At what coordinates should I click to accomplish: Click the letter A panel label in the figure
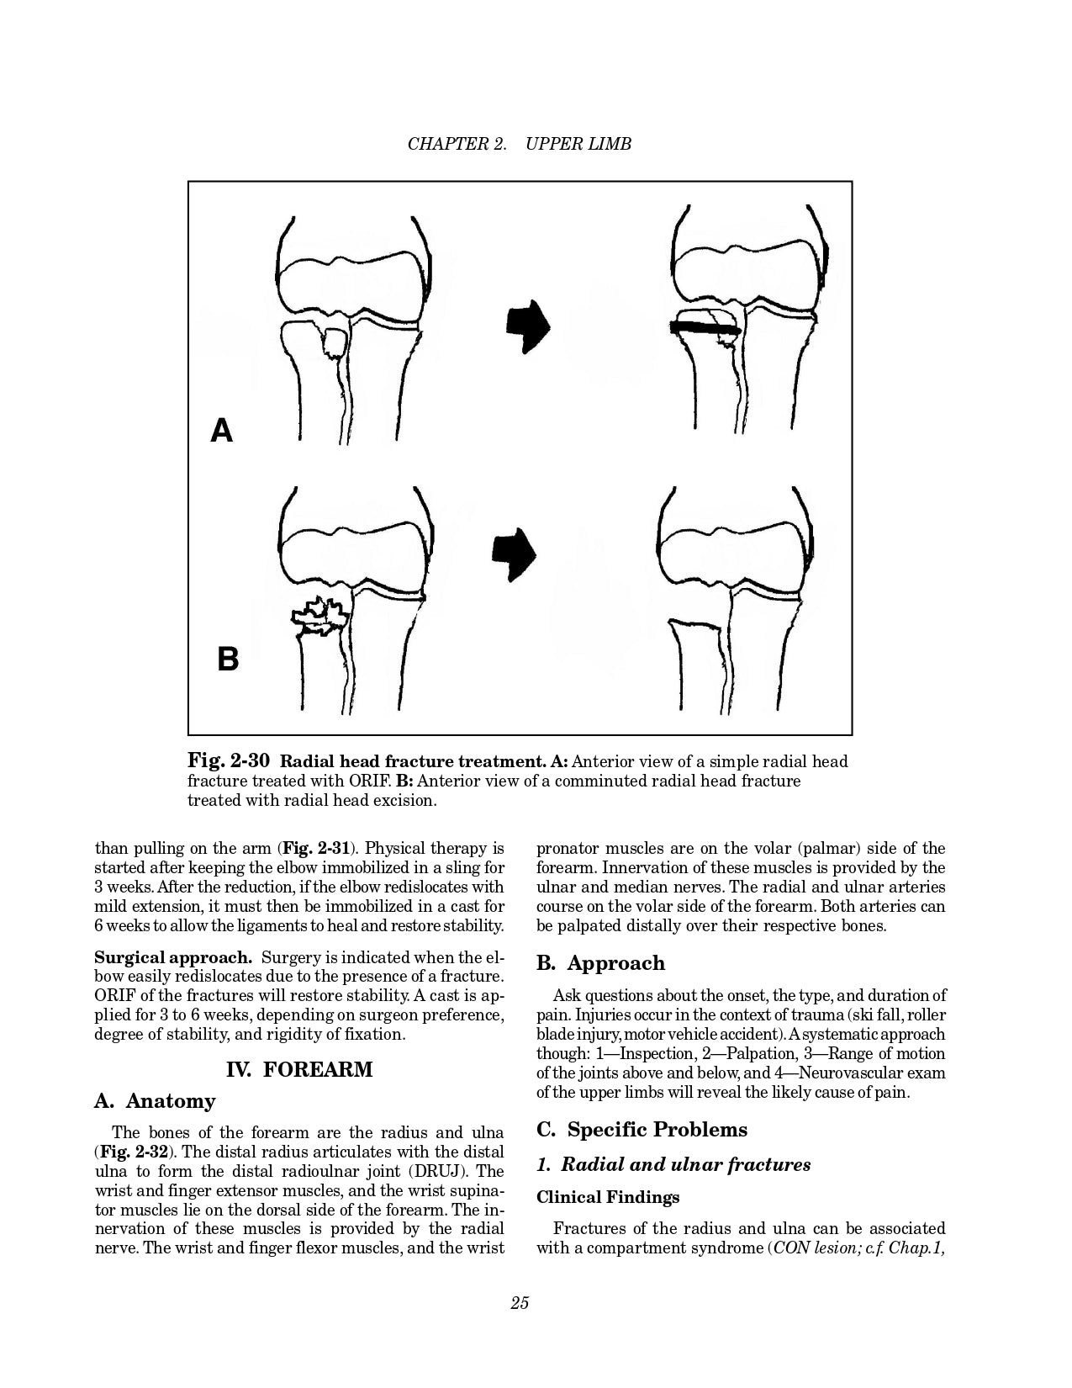(x=221, y=431)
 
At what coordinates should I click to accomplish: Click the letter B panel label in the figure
(x=227, y=659)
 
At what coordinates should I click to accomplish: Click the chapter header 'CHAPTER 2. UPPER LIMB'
(x=519, y=144)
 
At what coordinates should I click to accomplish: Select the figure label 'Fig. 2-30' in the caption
(x=228, y=762)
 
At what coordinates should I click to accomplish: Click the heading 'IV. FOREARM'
(x=299, y=1070)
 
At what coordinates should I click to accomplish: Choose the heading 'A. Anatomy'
(x=155, y=1101)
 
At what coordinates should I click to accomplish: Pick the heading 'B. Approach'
(x=600, y=963)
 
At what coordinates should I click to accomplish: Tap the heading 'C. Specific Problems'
(x=642, y=1130)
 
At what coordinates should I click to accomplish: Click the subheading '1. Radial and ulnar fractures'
(x=673, y=1165)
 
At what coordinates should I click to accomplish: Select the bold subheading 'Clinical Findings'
(x=608, y=1197)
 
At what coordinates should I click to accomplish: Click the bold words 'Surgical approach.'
(x=173, y=957)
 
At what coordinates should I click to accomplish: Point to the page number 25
(x=519, y=1303)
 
